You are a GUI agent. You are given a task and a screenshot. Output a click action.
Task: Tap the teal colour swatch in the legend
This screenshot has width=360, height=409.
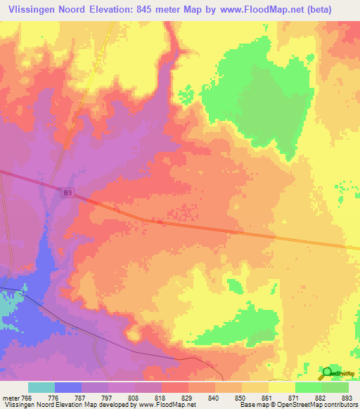point(41,387)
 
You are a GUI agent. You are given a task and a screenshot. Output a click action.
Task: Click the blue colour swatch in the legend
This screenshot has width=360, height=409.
point(68,387)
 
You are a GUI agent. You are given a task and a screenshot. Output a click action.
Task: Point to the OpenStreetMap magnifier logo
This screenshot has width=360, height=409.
point(328,372)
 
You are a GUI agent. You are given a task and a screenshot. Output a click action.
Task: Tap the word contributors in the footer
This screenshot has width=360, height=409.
point(339,405)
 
